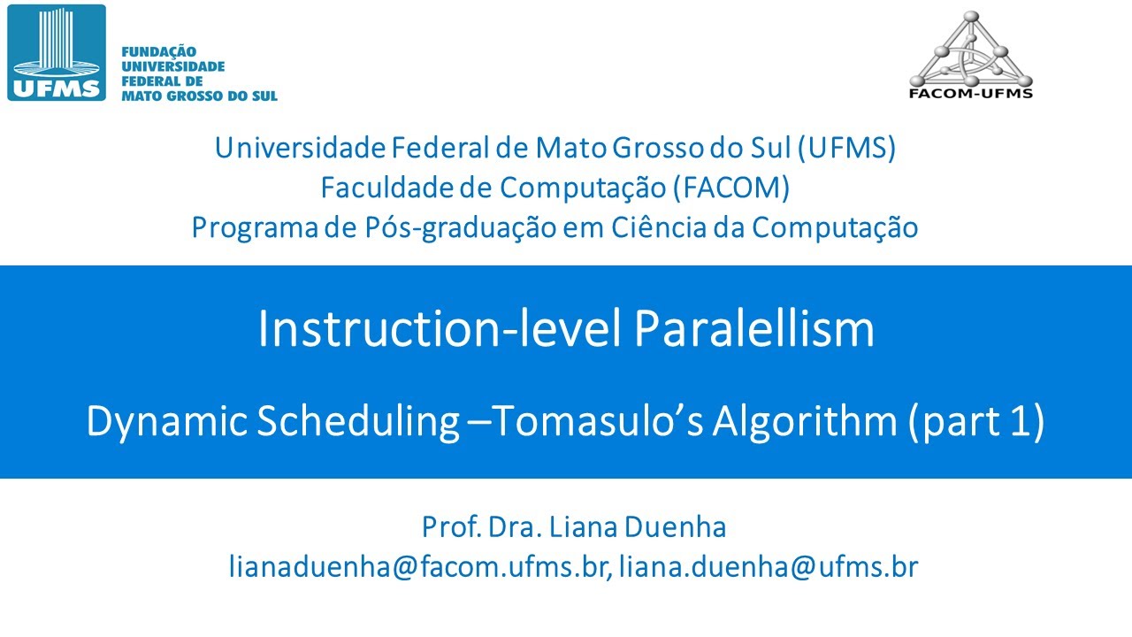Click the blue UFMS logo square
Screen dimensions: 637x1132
57,52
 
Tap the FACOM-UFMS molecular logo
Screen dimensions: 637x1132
971,54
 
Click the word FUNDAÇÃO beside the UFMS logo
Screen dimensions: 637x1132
158,52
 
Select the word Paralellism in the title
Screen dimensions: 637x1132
754,329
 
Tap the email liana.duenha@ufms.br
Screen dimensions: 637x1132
769,566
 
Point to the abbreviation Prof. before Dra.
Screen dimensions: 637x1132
448,527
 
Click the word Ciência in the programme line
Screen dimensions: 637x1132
660,227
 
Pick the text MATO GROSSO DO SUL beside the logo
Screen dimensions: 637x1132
199,95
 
